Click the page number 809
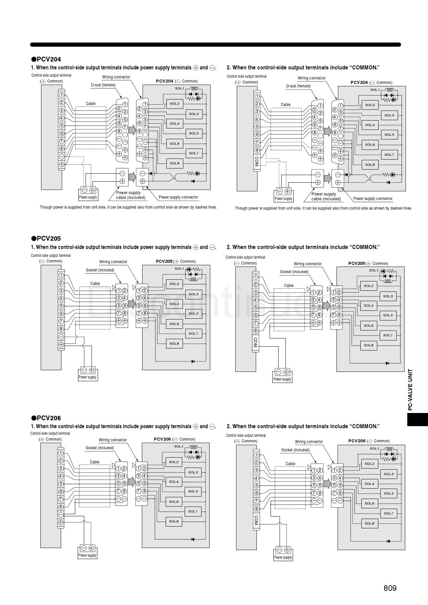[390, 588]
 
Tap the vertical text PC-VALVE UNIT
[410, 390]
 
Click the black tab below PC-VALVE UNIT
[418, 419]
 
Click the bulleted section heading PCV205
[46, 239]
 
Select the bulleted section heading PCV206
[46, 418]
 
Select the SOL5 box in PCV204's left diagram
[194, 133]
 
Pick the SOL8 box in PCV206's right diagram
[369, 524]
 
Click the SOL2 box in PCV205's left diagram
[174, 284]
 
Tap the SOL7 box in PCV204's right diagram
[389, 155]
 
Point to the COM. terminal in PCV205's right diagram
[255, 342]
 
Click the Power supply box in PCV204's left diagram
[88, 193]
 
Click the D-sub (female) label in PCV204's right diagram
[298, 86]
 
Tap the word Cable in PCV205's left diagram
[95, 284]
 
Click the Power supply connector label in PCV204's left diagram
[178, 197]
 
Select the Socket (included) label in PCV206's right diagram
[295, 450]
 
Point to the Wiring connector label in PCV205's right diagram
[308, 264]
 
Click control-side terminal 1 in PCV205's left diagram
[61, 275]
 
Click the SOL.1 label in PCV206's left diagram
[179, 446]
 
